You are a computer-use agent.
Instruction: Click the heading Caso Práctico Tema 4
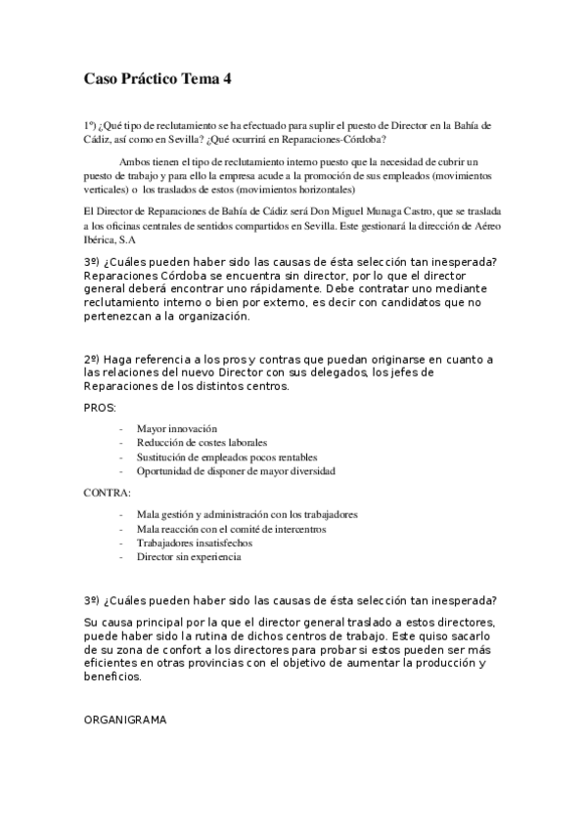point(158,79)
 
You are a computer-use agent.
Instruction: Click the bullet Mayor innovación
point(176,429)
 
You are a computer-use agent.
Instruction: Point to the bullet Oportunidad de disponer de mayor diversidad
point(236,470)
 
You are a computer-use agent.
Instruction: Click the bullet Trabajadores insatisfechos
point(195,543)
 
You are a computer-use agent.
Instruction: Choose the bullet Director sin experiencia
point(188,557)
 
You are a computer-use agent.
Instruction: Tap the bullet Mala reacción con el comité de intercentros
point(231,529)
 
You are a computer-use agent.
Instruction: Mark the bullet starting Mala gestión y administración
point(247,514)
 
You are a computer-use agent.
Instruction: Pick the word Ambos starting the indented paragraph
point(133,161)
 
